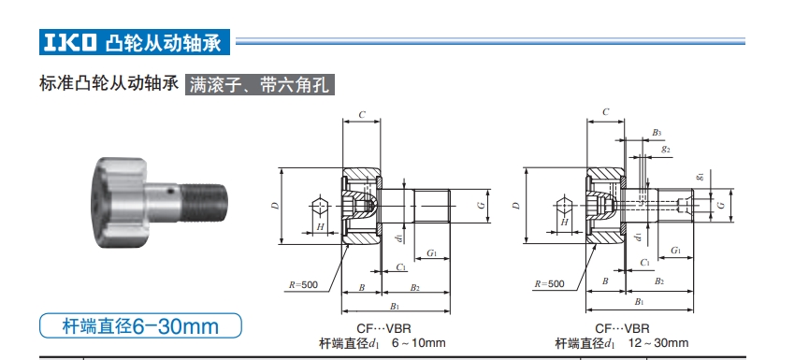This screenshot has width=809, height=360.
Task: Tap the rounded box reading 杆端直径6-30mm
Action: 140,326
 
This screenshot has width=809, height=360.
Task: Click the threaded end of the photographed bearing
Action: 208,199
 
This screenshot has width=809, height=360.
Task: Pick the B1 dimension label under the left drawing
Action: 395,305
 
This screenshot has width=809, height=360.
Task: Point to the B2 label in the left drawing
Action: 414,287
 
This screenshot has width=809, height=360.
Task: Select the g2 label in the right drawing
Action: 665,149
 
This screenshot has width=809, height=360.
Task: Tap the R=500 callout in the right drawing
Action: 550,283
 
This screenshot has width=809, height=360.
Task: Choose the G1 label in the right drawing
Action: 674,252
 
